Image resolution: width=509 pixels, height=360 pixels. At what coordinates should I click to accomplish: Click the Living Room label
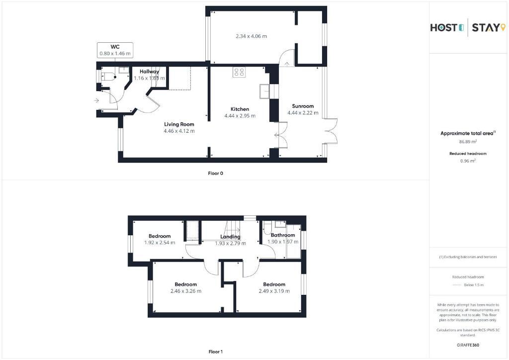point(179,124)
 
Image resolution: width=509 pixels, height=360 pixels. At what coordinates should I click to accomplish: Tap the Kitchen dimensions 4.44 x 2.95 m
point(240,115)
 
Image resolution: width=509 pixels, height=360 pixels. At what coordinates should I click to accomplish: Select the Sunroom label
point(303,106)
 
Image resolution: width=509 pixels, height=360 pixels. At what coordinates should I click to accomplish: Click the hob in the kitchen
point(239,72)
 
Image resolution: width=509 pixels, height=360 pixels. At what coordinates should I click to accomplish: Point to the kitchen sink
point(264,91)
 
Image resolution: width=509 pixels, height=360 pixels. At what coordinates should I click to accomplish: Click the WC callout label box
point(115,50)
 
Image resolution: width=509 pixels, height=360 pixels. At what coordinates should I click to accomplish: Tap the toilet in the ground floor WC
point(108,77)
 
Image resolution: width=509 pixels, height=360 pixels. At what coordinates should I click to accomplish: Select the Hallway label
point(149,72)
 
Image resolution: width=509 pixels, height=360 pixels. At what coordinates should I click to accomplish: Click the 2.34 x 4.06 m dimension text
point(251,36)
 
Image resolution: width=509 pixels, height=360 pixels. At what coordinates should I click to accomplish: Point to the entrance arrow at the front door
point(96,100)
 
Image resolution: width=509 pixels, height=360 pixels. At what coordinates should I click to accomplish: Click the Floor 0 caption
point(216,174)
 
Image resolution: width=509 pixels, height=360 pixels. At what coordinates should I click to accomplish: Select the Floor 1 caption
point(216,352)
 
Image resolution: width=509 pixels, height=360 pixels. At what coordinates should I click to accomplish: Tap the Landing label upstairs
point(230,237)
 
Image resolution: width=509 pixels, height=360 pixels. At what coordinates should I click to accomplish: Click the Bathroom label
point(283,235)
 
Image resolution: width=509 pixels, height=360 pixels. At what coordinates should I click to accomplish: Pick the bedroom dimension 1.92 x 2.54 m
point(160,243)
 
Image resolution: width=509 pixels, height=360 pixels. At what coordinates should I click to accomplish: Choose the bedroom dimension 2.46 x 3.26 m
point(186,291)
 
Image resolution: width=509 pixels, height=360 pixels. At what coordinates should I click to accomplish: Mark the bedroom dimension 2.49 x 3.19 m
point(274,291)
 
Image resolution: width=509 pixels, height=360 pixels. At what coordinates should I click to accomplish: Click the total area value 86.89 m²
point(468,142)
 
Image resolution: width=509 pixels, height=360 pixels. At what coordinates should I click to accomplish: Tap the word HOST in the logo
point(444,27)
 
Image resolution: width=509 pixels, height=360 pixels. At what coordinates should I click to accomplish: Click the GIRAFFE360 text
point(468,345)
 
